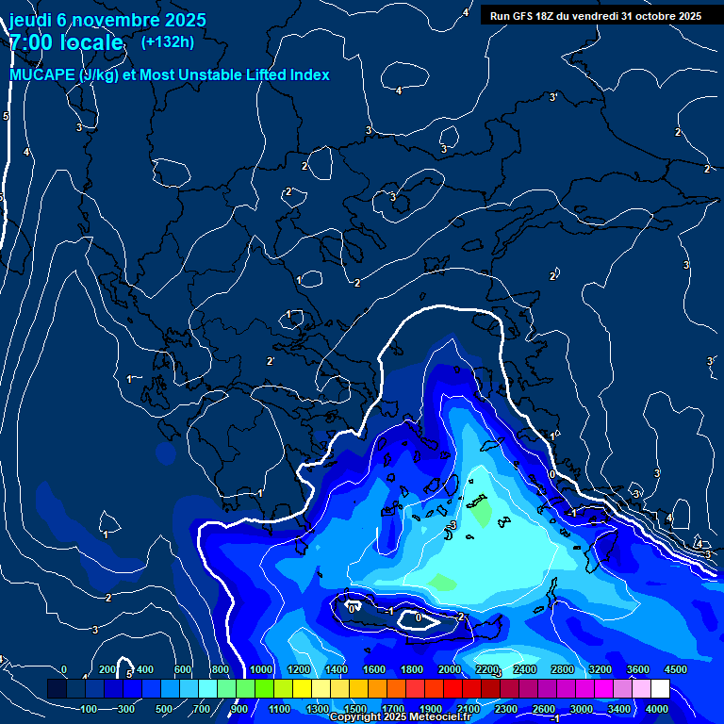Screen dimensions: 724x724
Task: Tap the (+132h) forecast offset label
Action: (167, 41)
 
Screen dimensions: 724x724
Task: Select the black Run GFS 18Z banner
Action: (596, 15)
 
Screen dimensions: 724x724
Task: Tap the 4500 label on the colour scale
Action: (674, 669)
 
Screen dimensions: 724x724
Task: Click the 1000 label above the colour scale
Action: (260, 669)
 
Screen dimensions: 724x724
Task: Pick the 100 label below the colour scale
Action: (90, 709)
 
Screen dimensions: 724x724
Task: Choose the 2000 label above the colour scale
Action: (449, 669)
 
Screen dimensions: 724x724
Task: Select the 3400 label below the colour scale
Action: (619, 709)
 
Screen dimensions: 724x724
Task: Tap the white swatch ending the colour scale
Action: (660, 689)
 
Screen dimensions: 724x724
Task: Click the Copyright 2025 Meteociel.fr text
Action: (400, 717)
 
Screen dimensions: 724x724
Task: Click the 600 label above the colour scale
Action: (182, 669)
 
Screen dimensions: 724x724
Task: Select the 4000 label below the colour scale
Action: (657, 709)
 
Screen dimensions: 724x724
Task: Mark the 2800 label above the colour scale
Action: (562, 669)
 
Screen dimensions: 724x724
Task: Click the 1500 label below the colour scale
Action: (355, 709)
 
